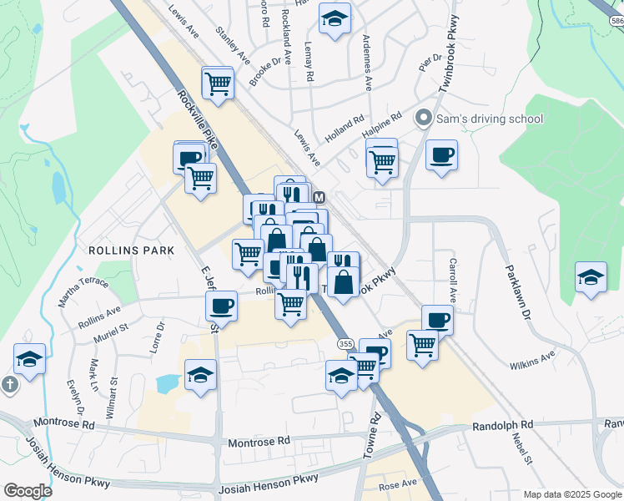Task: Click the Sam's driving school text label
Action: click(x=490, y=119)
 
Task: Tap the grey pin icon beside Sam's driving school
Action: click(x=424, y=119)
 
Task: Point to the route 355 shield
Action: click(x=345, y=343)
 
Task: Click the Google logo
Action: click(x=28, y=491)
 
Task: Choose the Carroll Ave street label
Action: click(x=453, y=280)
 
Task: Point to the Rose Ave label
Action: click(x=397, y=484)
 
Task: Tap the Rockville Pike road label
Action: click(x=199, y=120)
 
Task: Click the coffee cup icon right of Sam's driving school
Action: click(x=441, y=154)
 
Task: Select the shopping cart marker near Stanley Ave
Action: click(x=218, y=83)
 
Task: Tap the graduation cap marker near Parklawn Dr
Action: click(x=591, y=278)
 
